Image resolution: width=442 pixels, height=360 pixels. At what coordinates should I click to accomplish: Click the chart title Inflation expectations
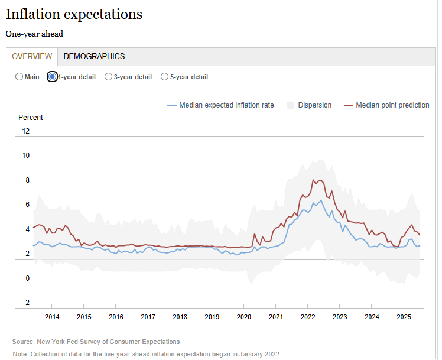pyautogui.click(x=74, y=14)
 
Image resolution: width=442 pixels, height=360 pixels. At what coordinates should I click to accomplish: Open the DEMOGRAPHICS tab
pyautogui.click(x=94, y=57)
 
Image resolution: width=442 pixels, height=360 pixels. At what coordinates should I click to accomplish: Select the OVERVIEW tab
pyautogui.click(x=32, y=57)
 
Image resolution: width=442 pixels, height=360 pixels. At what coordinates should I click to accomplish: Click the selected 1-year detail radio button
pyautogui.click(x=52, y=77)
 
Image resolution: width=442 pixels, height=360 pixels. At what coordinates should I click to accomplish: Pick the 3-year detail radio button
pyautogui.click(x=108, y=77)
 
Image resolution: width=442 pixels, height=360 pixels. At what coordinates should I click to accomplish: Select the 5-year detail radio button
pyautogui.click(x=164, y=77)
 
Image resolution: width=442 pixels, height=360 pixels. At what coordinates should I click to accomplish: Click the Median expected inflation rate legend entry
pyautogui.click(x=226, y=105)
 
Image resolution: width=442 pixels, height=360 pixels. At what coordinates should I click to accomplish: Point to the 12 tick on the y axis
pyautogui.click(x=25, y=131)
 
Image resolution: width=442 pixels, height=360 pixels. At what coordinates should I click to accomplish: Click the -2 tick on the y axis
pyautogui.click(x=25, y=303)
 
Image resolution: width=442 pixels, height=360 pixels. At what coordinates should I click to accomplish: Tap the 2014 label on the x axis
pyautogui.click(x=51, y=317)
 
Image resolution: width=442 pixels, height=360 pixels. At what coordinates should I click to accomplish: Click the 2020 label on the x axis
pyautogui.click(x=244, y=317)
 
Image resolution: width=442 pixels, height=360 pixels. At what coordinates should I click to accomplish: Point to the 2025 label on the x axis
pyautogui.click(x=404, y=317)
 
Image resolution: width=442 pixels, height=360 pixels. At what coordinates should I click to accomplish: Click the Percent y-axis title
pyautogui.click(x=31, y=118)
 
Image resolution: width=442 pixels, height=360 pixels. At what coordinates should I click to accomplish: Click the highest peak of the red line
pyautogui.click(x=313, y=180)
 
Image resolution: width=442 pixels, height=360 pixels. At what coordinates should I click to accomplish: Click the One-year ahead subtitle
pyautogui.click(x=34, y=34)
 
